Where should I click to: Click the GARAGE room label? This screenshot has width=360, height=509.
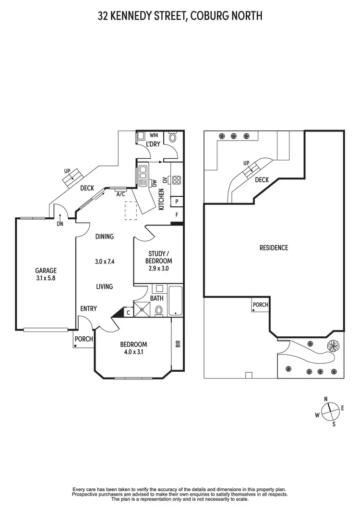click(x=46, y=270)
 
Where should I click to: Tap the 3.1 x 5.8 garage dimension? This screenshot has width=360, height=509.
click(x=46, y=277)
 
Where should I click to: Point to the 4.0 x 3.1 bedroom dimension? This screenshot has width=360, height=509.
click(x=133, y=351)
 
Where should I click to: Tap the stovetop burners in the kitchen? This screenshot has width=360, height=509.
click(x=176, y=180)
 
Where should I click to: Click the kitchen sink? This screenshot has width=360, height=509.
click(x=143, y=176)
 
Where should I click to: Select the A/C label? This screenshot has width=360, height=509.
click(x=121, y=195)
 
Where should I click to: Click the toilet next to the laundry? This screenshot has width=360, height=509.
click(x=173, y=138)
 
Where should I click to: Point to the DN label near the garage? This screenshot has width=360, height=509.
click(x=60, y=224)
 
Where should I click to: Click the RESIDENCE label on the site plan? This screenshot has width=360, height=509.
click(x=274, y=248)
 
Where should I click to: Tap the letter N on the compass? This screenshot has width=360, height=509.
click(x=326, y=399)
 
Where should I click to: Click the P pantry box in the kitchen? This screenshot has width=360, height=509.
click(x=177, y=202)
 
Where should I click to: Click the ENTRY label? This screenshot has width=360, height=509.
click(x=88, y=308)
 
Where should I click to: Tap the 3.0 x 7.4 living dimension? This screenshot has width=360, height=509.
click(x=104, y=262)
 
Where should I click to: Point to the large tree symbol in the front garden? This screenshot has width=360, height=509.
click(x=332, y=346)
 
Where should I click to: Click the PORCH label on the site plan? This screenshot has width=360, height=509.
click(x=260, y=305)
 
